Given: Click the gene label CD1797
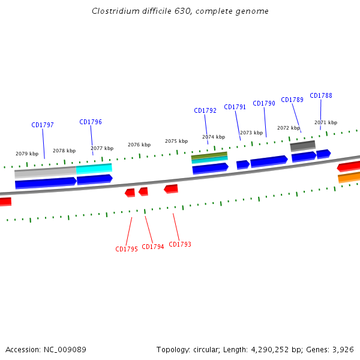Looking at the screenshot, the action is pyautogui.click(x=43, y=125).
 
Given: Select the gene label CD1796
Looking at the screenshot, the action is pyautogui.click(x=91, y=122).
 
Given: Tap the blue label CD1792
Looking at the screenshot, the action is pyautogui.click(x=205, y=111).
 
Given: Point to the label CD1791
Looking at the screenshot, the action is pyautogui.click(x=235, y=107).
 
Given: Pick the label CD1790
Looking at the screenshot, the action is pyautogui.click(x=264, y=104).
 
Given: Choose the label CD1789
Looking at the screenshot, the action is pyautogui.click(x=292, y=100).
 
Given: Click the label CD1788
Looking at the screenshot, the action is pyautogui.click(x=321, y=96).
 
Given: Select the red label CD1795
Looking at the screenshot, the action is pyautogui.click(x=127, y=249).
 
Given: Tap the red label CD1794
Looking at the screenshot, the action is pyautogui.click(x=153, y=247).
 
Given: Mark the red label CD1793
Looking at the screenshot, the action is pyautogui.click(x=180, y=244).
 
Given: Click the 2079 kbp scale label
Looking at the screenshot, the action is pyautogui.click(x=27, y=154).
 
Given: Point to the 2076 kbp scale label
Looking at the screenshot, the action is pyautogui.click(x=139, y=145).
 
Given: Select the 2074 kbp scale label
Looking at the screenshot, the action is pyautogui.click(x=214, y=137).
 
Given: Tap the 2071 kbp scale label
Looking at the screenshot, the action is pyautogui.click(x=326, y=122).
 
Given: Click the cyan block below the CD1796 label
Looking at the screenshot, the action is pyautogui.click(x=94, y=169).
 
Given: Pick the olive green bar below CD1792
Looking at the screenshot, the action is pyautogui.click(x=209, y=155).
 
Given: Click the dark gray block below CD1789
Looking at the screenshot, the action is pyautogui.click(x=302, y=146).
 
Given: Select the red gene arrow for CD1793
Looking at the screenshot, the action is pyautogui.click(x=171, y=189).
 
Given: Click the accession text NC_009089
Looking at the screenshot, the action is pyautogui.click(x=62, y=349).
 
